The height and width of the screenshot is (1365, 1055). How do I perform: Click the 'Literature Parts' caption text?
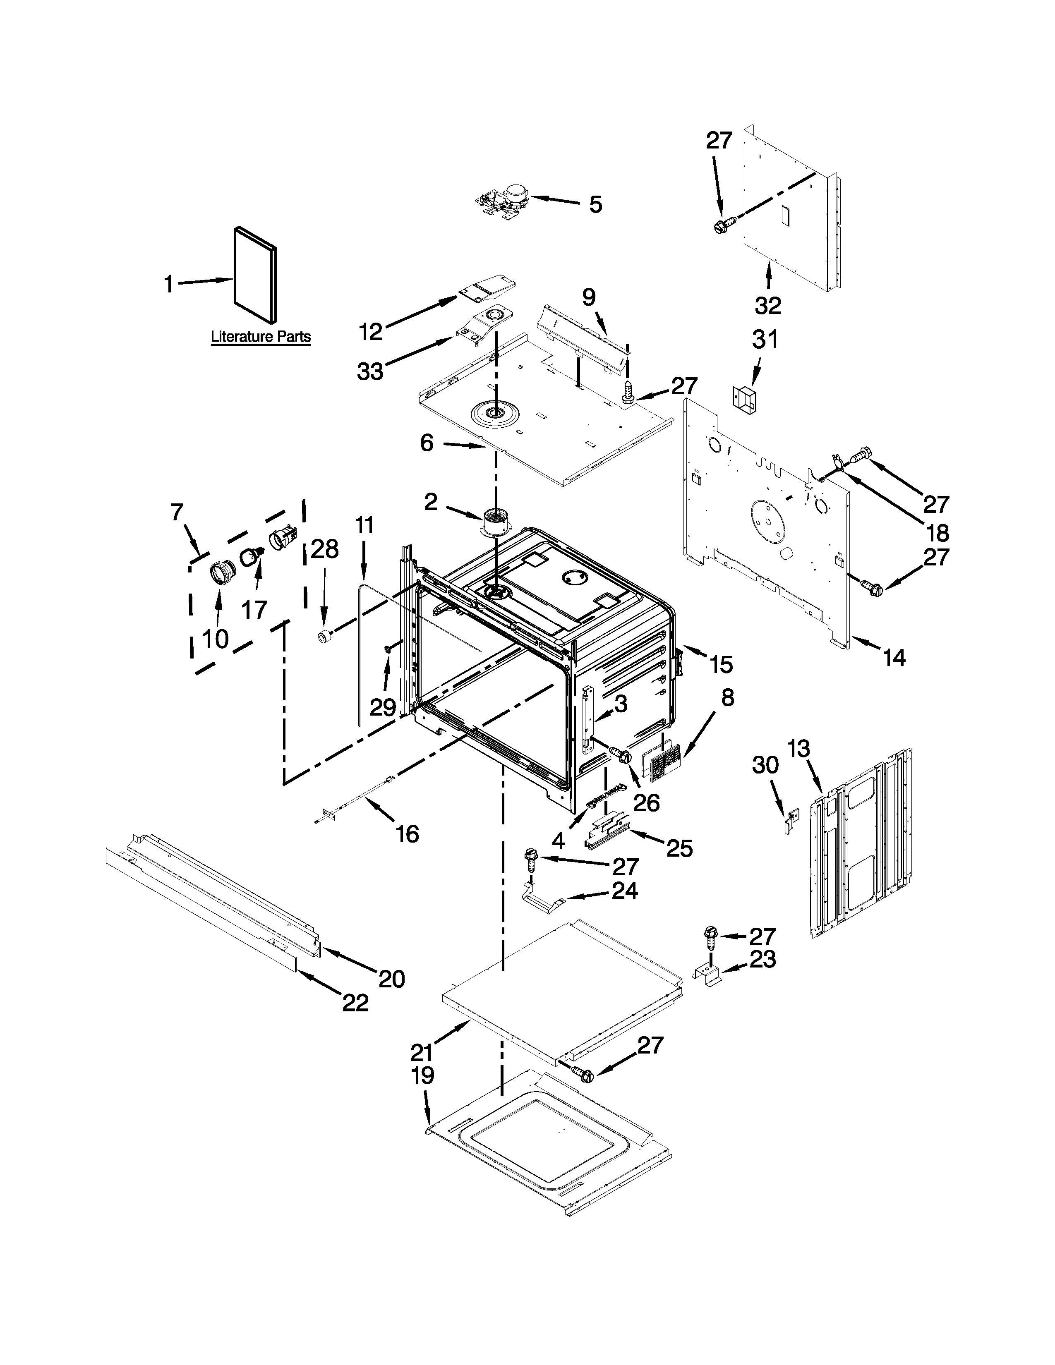[261, 336]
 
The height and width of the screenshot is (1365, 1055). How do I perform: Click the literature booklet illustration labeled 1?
[255, 276]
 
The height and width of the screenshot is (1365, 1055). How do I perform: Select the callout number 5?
[596, 204]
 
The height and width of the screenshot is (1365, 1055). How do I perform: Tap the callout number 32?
[767, 306]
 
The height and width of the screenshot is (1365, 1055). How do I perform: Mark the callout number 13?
[799, 748]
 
